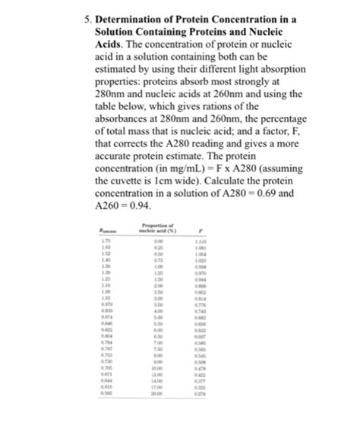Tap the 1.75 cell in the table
(107, 241)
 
